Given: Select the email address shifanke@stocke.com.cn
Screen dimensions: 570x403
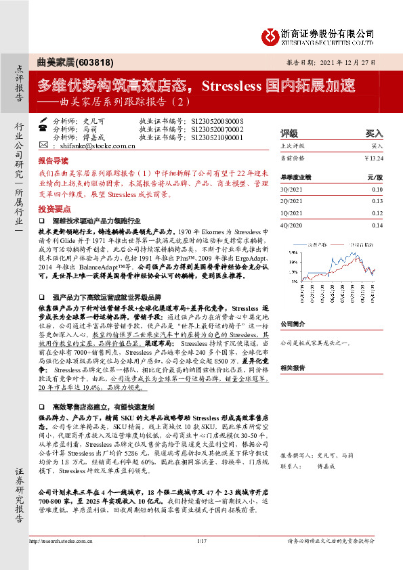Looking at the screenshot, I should click(98, 145).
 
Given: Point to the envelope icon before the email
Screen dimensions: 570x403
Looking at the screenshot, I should click(43, 145).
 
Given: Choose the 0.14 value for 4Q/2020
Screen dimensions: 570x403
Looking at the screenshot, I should click(377, 225).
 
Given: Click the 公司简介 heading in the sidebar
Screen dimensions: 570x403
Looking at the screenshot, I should click(292, 324).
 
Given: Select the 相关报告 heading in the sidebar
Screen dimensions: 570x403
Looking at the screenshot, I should click(292, 368).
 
